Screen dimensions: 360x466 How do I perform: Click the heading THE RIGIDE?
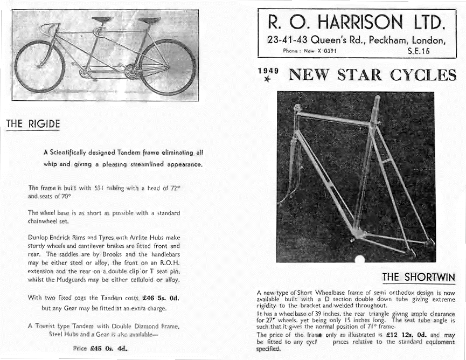click(x=32, y=124)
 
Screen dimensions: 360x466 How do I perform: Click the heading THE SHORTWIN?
click(x=419, y=277)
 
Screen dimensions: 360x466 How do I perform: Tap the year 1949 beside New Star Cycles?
click(x=267, y=70)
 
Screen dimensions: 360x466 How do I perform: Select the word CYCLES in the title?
click(x=423, y=74)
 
